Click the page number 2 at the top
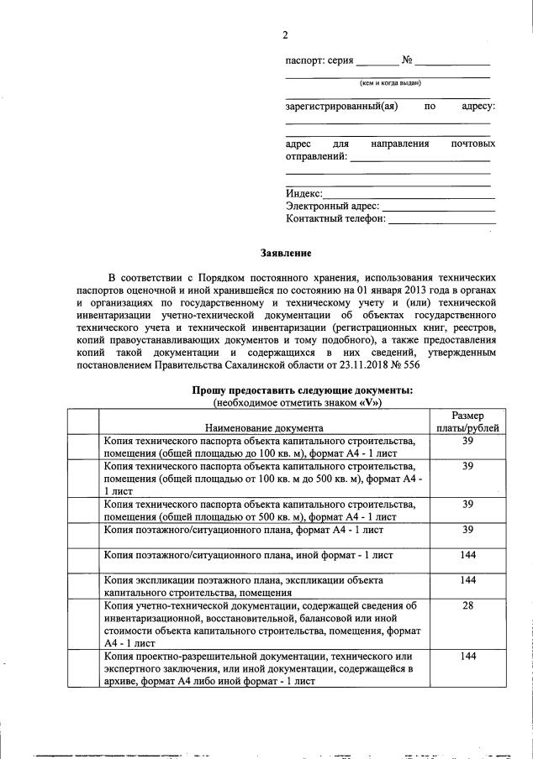[x=285, y=34]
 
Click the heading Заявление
[x=285, y=252]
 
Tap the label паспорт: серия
[x=319, y=60]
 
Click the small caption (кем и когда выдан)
[x=389, y=82]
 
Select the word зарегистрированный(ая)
[x=341, y=107]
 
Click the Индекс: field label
[x=304, y=194]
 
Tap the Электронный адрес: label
[x=332, y=206]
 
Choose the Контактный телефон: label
[x=335, y=218]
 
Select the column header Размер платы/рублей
[x=468, y=421]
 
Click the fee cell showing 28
[x=468, y=605]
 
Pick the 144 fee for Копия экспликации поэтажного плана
[x=468, y=580]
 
